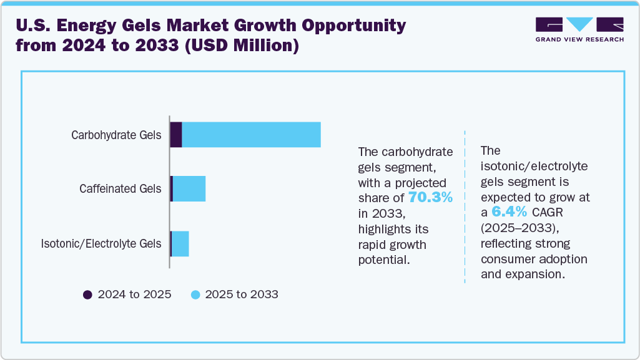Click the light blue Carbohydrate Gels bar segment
(x=251, y=135)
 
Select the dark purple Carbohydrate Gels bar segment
(x=176, y=135)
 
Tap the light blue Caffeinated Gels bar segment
(x=189, y=189)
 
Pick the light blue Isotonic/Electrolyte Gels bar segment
(x=180, y=243)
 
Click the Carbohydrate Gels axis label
(x=116, y=135)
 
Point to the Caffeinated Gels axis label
(x=120, y=189)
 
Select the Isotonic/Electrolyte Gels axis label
(x=101, y=243)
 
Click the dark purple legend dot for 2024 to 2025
(x=88, y=294)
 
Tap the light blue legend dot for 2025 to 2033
(x=195, y=294)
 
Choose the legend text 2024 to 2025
(x=134, y=294)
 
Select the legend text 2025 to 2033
(x=242, y=294)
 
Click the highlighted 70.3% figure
(x=430, y=198)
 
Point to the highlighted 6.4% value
(x=509, y=212)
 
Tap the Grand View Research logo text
(x=579, y=39)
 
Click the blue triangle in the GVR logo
(x=580, y=24)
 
